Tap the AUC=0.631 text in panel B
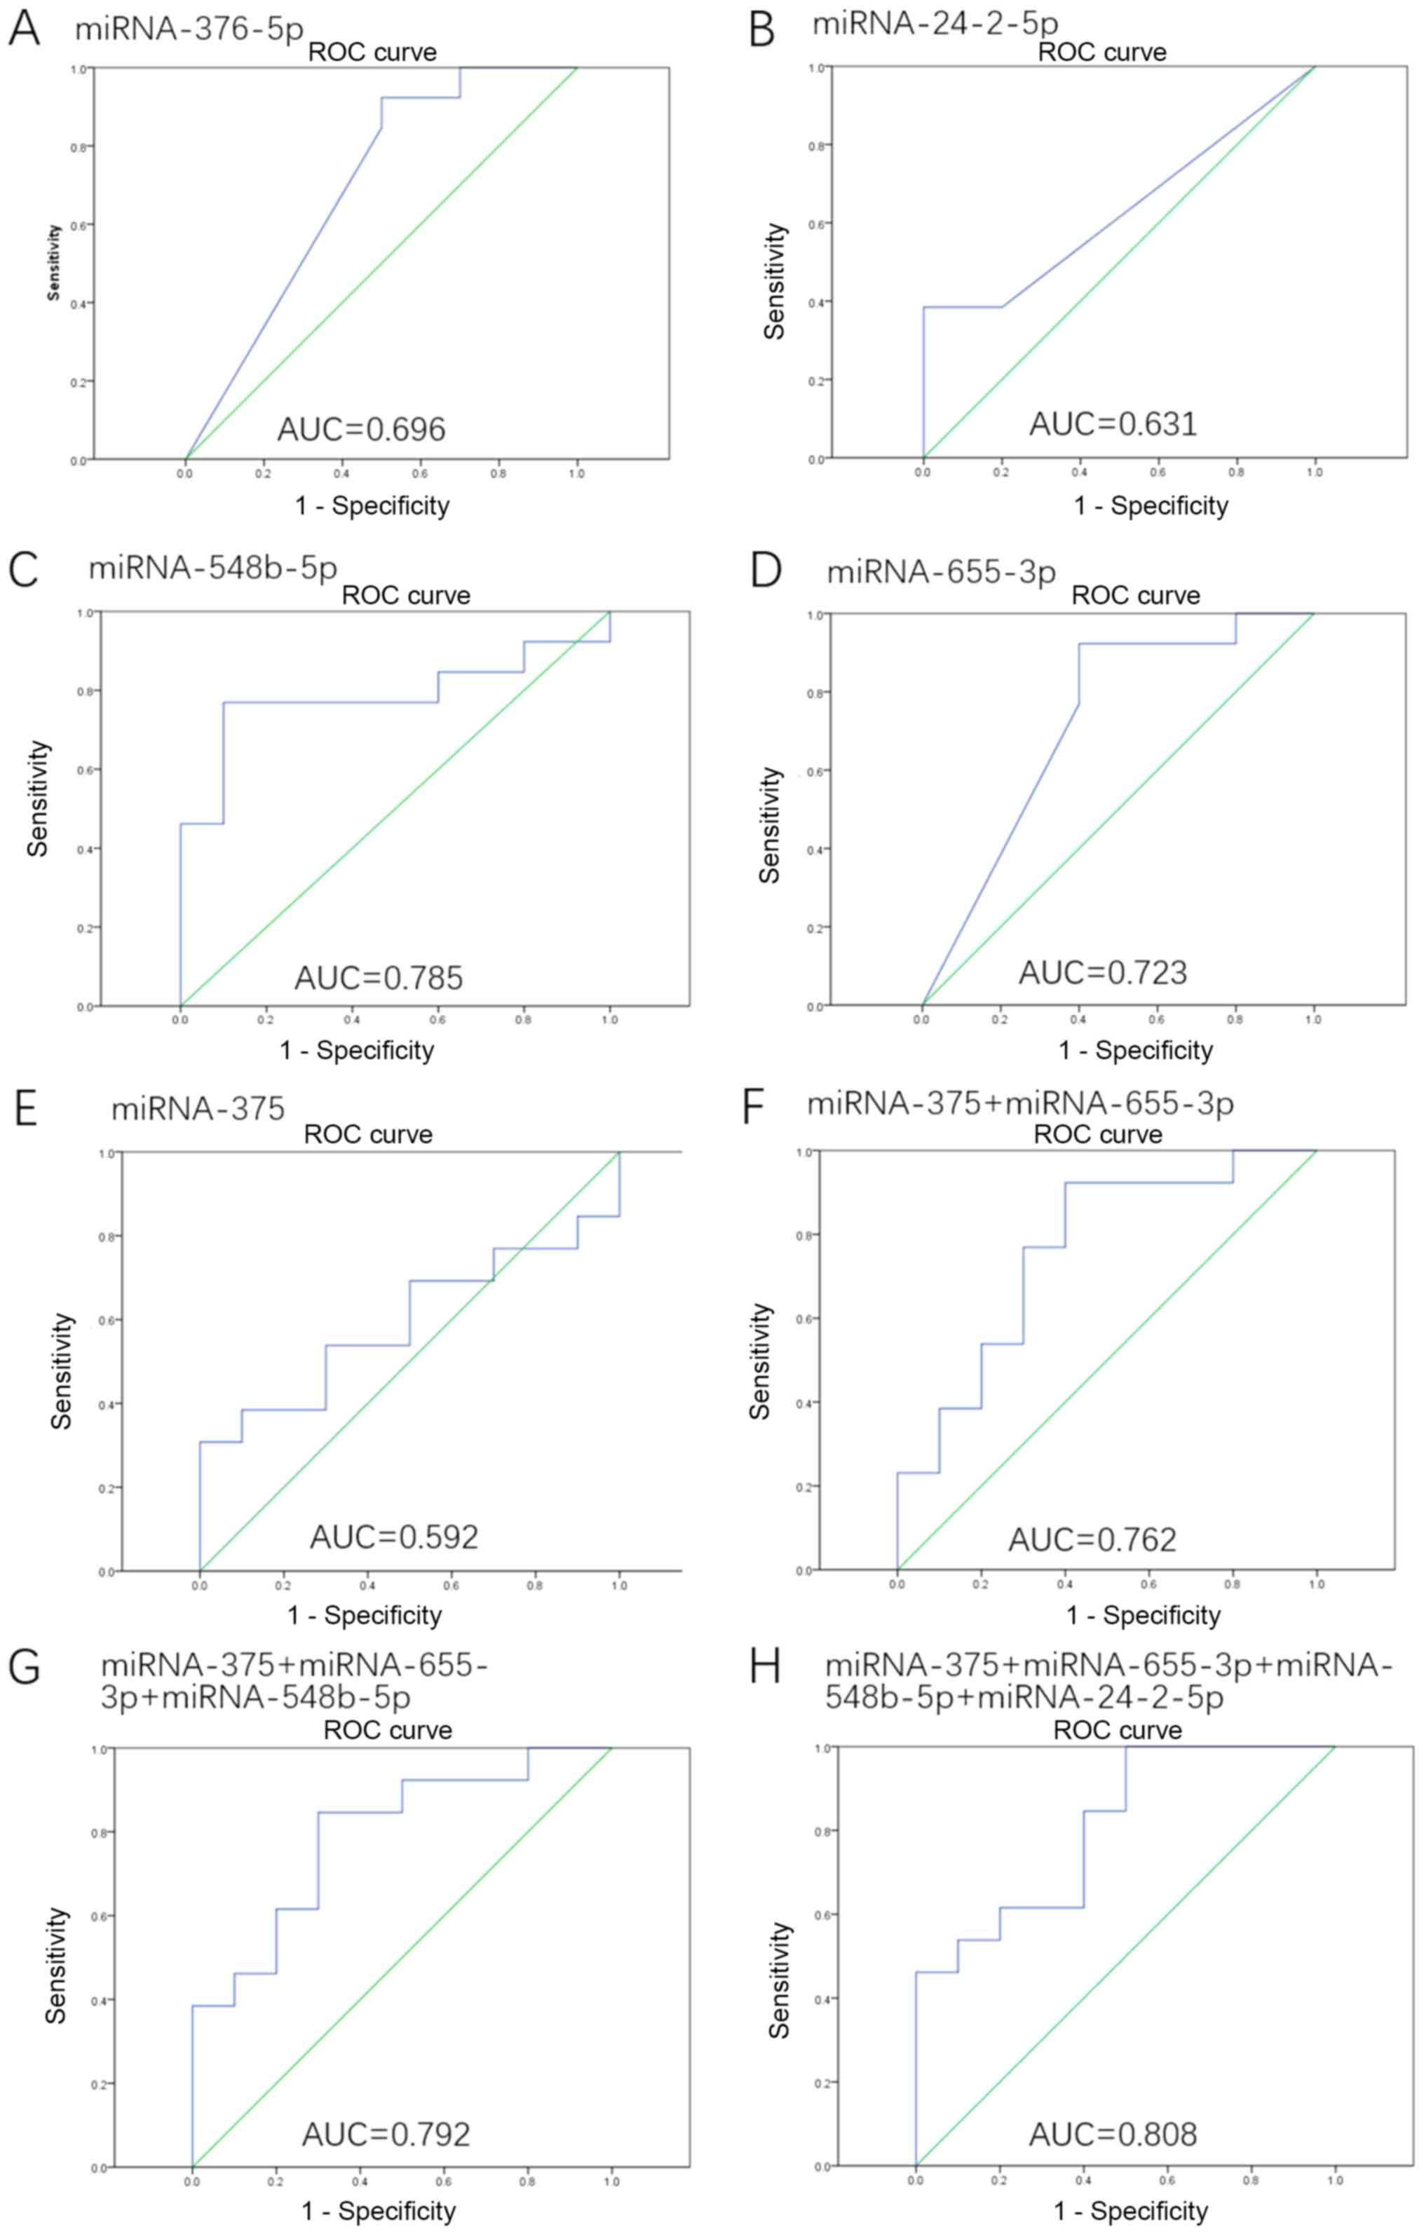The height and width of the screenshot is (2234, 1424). click(x=1113, y=424)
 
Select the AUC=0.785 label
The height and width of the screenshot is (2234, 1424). click(x=379, y=978)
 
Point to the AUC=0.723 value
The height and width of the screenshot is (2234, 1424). click(x=1103, y=972)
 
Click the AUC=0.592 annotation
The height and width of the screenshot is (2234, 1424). click(x=394, y=1537)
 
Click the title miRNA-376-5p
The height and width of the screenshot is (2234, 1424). click(x=189, y=29)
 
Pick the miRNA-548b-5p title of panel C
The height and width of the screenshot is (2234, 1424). click(x=212, y=567)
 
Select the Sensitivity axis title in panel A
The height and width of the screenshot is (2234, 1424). click(x=54, y=263)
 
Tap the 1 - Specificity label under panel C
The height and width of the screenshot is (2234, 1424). click(x=357, y=1050)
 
